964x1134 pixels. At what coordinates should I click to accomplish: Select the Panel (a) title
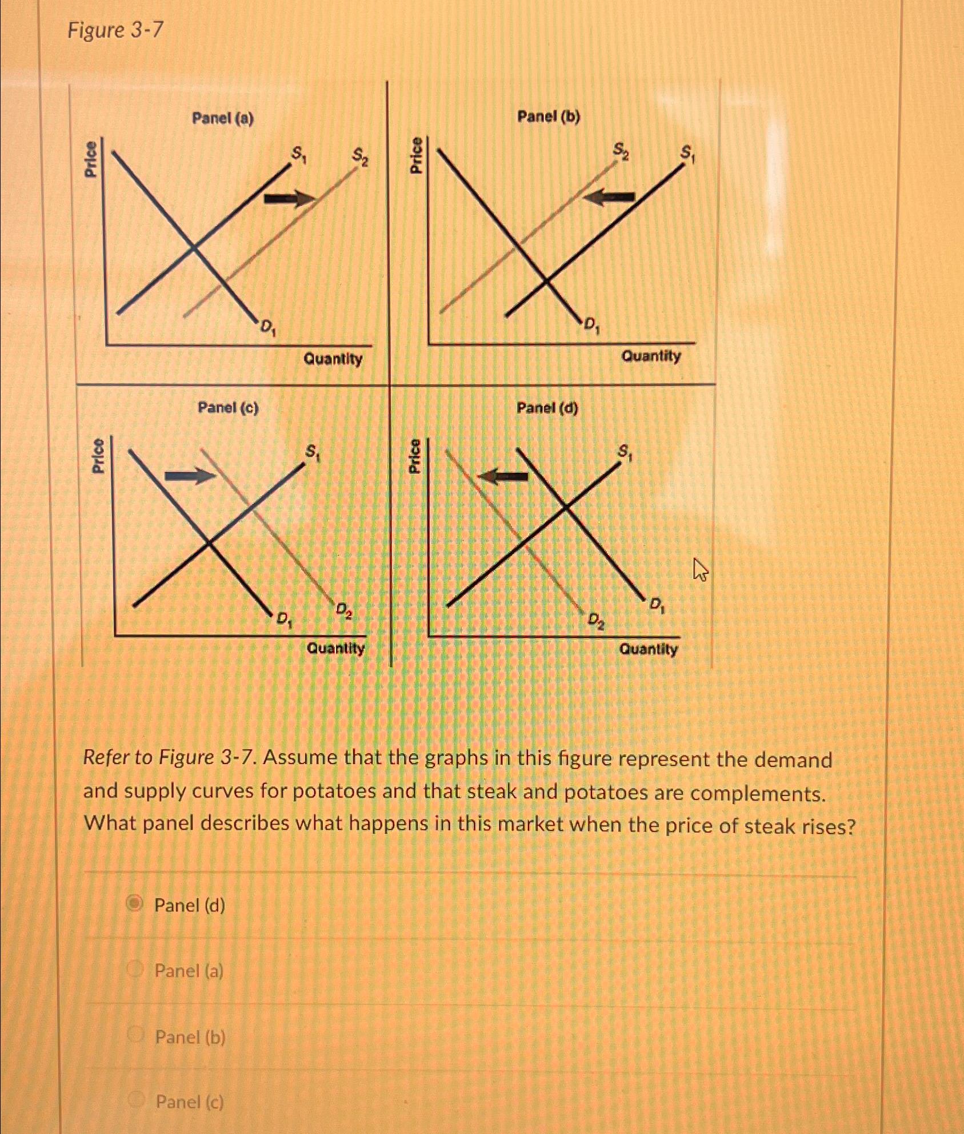click(223, 119)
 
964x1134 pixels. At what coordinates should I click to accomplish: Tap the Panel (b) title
click(548, 117)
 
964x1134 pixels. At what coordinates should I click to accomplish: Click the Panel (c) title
click(228, 408)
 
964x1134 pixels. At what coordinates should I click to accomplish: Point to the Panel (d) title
click(547, 408)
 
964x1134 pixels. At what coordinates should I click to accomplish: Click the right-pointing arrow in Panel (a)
click(289, 198)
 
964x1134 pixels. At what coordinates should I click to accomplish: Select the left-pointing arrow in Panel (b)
click(610, 197)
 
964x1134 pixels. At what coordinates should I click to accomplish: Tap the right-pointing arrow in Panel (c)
click(190, 476)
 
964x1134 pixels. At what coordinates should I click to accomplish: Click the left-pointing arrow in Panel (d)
click(503, 476)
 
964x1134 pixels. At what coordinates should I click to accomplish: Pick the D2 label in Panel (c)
click(343, 610)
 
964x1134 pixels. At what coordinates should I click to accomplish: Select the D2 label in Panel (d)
click(596, 620)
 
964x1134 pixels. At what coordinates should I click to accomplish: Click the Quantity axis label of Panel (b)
click(651, 356)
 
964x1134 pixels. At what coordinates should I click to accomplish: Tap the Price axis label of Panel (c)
click(98, 455)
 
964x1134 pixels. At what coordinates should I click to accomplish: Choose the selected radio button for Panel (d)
click(135, 903)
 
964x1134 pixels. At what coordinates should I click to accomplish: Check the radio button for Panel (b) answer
click(136, 1034)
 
